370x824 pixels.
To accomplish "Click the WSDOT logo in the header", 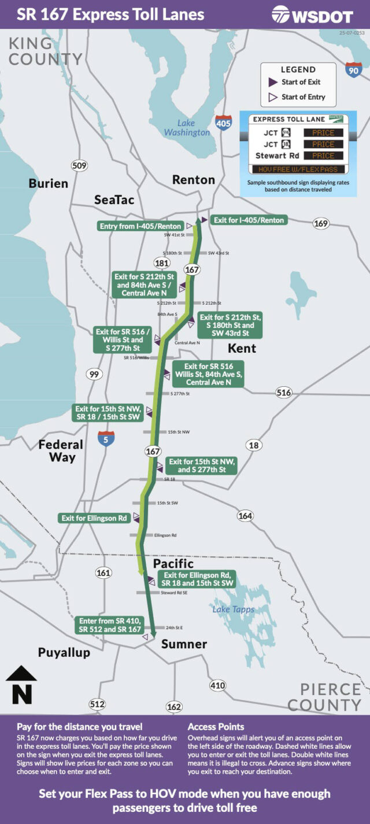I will pyautogui.click(x=312, y=14).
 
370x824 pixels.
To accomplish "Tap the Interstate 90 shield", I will pyautogui.click(x=354, y=70).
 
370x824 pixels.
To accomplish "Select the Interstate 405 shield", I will pyautogui.click(x=223, y=123).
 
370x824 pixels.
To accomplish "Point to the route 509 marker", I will pyautogui.click(x=79, y=166).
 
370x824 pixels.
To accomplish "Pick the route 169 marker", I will pyautogui.click(x=321, y=223).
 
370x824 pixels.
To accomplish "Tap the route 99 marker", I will pyautogui.click(x=94, y=374).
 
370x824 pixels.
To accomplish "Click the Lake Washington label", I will pyautogui.click(x=187, y=127).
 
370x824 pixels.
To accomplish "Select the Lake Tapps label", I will pyautogui.click(x=233, y=609).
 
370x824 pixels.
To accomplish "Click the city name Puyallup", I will pyautogui.click(x=64, y=653).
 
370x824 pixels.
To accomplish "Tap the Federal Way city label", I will pyautogui.click(x=61, y=451).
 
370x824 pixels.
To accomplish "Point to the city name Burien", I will pyautogui.click(x=49, y=184).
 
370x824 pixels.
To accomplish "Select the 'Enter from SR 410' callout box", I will pyautogui.click(x=110, y=625).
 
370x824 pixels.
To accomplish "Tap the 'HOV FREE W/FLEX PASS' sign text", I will pyautogui.click(x=294, y=169).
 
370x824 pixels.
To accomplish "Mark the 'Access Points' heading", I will pyautogui.click(x=216, y=727).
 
